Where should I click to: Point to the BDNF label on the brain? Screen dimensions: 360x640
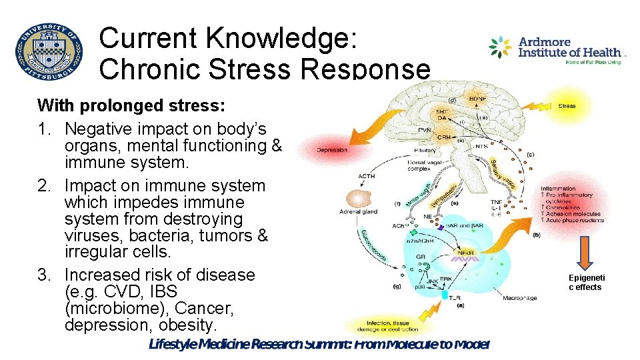(x=477, y=98)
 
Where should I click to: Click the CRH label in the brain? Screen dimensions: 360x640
(x=443, y=136)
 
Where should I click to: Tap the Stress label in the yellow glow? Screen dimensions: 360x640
(x=567, y=105)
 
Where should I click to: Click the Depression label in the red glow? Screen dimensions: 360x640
(x=332, y=150)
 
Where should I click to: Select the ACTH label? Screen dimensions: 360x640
(x=366, y=177)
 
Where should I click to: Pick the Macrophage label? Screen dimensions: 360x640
(x=519, y=298)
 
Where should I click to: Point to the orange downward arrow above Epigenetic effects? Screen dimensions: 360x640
(x=585, y=251)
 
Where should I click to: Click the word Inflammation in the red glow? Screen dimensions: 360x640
(x=558, y=189)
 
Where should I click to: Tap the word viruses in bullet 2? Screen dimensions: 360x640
(x=91, y=236)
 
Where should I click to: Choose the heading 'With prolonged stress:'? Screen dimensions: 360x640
(x=131, y=105)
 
